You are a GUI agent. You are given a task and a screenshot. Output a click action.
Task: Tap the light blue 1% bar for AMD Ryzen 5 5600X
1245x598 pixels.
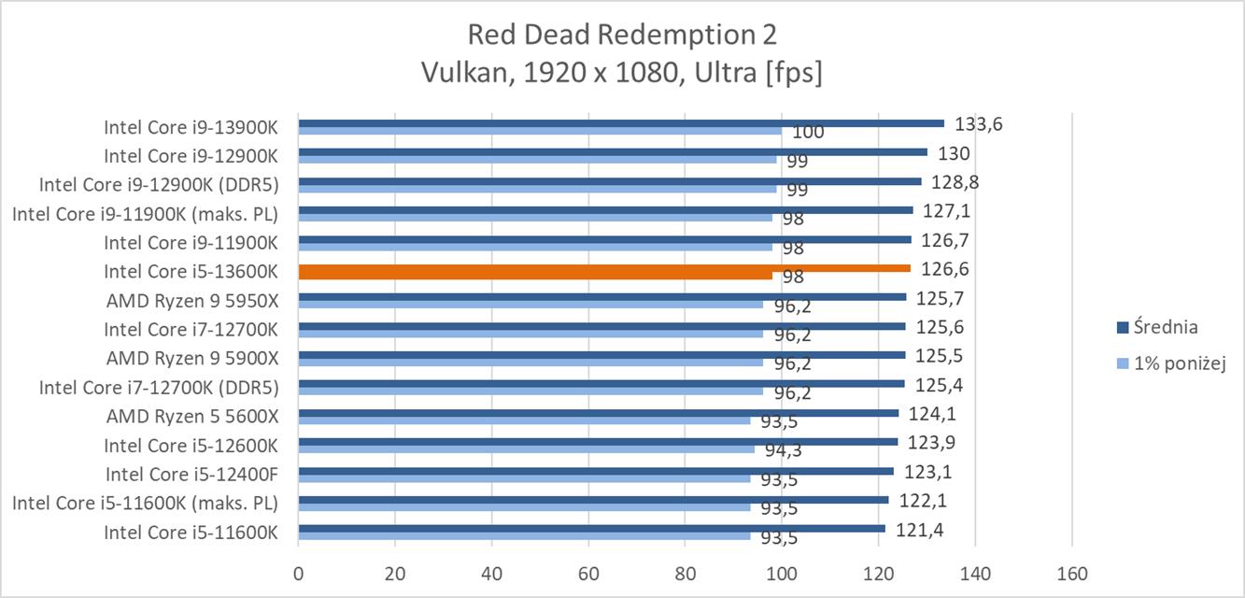click(x=524, y=420)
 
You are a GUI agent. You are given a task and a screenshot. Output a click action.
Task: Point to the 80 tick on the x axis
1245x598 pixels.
click(x=685, y=574)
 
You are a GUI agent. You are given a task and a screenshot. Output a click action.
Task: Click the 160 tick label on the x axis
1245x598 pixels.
click(x=1071, y=574)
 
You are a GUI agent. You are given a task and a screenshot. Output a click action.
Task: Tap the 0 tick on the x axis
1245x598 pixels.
click(x=298, y=574)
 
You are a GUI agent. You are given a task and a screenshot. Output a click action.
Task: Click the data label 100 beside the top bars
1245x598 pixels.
click(x=808, y=133)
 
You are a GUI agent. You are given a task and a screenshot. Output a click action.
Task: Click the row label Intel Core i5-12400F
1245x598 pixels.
click(x=191, y=474)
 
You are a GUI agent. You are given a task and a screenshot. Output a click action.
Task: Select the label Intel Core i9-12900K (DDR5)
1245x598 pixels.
click(x=158, y=184)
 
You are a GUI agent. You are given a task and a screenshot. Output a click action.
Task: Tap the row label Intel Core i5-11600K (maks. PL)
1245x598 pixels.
click(x=145, y=504)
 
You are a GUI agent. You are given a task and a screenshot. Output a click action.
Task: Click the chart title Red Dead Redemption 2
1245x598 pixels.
click(x=621, y=35)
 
